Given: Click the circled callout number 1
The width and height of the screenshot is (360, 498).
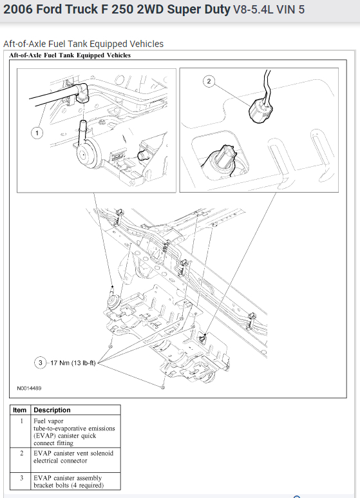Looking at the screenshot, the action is pos(37,133).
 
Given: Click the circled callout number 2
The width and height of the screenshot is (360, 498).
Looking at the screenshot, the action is pos(209,81).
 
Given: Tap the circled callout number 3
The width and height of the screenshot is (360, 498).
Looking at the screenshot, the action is pos(41,362).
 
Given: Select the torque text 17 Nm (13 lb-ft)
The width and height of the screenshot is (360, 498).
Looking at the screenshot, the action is pos(73,363).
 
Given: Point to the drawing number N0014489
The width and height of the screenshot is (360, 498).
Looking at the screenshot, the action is pos(29,388).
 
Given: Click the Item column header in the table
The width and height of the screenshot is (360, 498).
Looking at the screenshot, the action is pos(20,410).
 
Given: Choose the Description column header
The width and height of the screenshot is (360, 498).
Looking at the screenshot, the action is pos(52,410).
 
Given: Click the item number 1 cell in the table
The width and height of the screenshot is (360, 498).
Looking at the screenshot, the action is pos(22,421).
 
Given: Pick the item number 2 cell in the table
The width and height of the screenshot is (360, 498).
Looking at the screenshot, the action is pos(22,453).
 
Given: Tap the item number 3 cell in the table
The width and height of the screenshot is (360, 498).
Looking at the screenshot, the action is pos(22,478).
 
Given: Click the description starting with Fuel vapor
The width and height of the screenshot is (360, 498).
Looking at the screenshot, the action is pos(74,432).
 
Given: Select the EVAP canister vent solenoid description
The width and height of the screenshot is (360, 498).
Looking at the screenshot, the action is pos(73,457).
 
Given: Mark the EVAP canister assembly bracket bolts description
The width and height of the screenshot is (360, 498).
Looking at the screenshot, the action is pos(68,481).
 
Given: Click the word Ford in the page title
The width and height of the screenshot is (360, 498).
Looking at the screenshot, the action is pos(50,10).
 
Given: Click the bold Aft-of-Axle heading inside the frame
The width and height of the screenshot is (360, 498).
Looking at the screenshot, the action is pos(70,55).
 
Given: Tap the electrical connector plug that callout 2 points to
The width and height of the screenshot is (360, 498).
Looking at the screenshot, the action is pos(260,110).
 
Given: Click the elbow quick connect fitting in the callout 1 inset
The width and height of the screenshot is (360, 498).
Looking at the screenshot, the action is pos(81,92).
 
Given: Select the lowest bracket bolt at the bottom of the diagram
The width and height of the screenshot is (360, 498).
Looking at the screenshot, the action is pos(162,387).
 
